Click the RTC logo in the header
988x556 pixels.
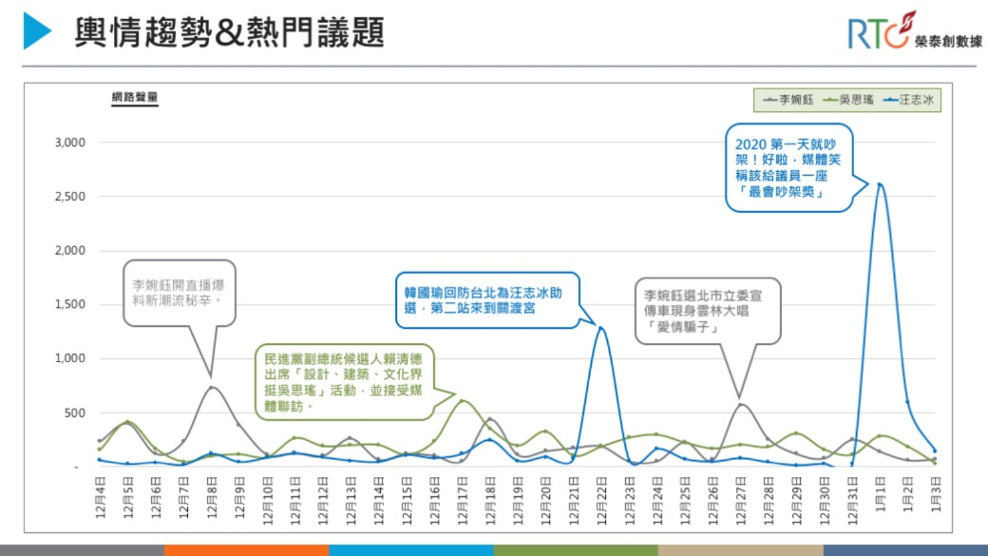pyautogui.click(x=913, y=32)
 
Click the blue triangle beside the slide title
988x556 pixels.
pyautogui.click(x=37, y=31)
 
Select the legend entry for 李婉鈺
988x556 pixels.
pyautogui.click(x=789, y=100)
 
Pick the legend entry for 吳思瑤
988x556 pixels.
pyautogui.click(x=848, y=100)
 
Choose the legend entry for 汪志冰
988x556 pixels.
pyautogui.click(x=908, y=100)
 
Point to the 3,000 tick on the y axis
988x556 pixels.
pyautogui.click(x=70, y=142)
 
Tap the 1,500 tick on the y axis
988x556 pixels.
pyautogui.click(x=70, y=304)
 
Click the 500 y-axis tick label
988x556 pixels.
pyautogui.click(x=75, y=412)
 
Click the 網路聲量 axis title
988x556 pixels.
pyautogui.click(x=134, y=97)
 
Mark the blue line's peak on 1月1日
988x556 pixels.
pyautogui.click(x=879, y=185)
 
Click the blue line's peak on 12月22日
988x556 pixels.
pyautogui.click(x=601, y=328)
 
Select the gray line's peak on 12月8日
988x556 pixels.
pyautogui.click(x=211, y=387)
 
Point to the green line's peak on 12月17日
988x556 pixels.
pyautogui.click(x=462, y=401)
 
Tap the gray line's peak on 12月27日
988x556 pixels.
pyautogui.click(x=740, y=404)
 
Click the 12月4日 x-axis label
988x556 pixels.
pyautogui.click(x=100, y=497)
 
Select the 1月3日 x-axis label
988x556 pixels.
pyautogui.click(x=935, y=494)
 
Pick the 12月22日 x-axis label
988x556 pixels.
pyautogui.click(x=601, y=501)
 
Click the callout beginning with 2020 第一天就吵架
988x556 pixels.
pyautogui.click(x=788, y=168)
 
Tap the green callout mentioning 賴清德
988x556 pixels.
pyautogui.click(x=343, y=382)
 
